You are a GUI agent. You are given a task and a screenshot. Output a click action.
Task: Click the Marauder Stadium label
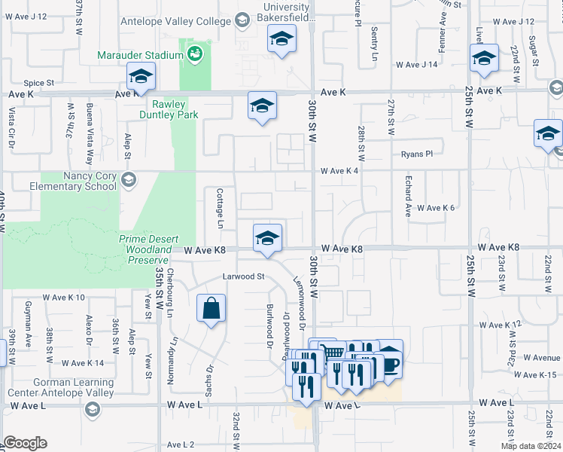coord(140,55)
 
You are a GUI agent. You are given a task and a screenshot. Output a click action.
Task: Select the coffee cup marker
coord(389,362)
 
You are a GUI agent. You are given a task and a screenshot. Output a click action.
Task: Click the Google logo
coord(25,443)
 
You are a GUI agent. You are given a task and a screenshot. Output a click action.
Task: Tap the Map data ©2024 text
coord(530,446)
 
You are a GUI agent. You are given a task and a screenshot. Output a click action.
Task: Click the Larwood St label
coord(244,276)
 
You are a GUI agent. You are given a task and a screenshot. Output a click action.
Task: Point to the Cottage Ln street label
coord(221,209)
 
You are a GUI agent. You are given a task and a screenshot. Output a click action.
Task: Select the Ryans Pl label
coord(417,154)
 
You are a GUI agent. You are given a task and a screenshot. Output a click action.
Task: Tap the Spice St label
coord(38,82)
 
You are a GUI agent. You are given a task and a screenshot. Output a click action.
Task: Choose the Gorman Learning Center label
coord(61,387)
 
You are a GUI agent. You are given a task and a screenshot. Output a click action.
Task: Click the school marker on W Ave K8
coord(266,237)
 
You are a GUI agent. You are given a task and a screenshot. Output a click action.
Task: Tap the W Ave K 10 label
coord(64,298)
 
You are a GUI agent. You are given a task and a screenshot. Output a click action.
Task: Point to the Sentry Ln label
coord(374,44)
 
